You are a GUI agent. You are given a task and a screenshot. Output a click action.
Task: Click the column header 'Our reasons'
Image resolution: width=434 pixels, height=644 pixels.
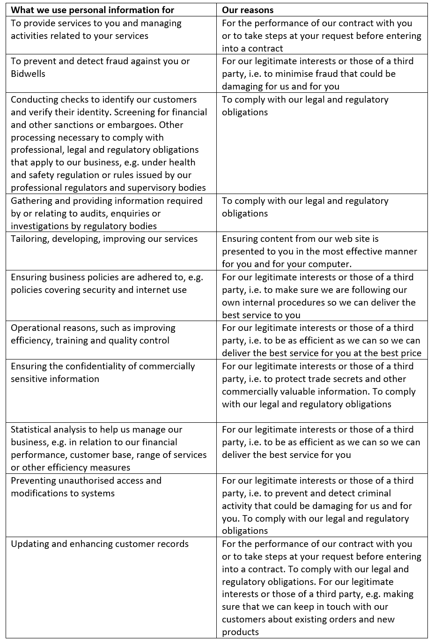tap(248, 10)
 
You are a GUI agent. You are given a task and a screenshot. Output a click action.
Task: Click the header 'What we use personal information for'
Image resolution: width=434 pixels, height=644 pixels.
tap(92, 10)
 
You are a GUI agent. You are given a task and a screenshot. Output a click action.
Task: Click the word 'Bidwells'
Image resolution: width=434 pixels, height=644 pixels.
tap(28, 74)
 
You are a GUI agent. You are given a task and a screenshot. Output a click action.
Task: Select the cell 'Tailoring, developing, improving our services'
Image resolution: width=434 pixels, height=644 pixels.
tap(104, 239)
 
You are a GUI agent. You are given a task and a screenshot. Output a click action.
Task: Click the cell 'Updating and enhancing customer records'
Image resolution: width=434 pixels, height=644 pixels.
tap(100, 544)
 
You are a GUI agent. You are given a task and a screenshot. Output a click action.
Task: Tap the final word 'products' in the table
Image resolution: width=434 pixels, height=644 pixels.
tap(240, 632)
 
